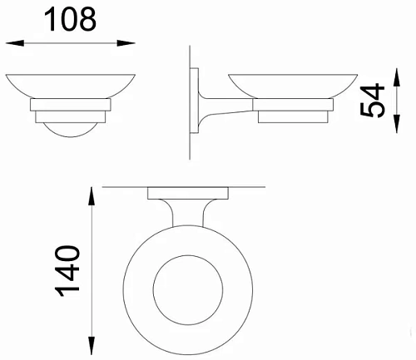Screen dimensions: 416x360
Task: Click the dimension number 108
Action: coord(70,19)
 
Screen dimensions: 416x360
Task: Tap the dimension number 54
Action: coord(373,100)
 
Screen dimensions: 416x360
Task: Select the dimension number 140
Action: coord(67,271)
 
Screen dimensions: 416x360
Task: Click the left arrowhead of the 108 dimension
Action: coord(15,43)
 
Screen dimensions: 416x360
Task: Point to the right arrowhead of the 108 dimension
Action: coord(126,43)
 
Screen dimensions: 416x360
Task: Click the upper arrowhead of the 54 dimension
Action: coord(397,77)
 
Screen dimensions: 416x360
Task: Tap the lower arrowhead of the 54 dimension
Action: coord(397,124)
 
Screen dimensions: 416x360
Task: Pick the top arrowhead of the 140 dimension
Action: coord(92,196)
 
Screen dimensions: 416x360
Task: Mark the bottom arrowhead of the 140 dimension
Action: coord(92,346)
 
